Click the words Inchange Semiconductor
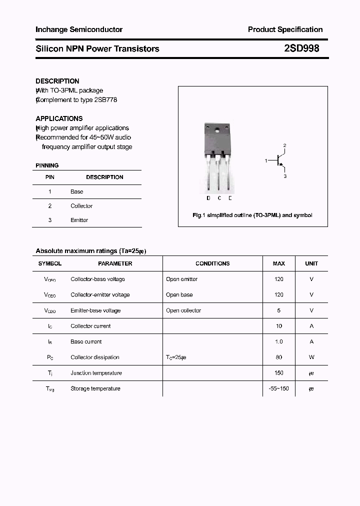click(79, 29)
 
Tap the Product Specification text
click(285, 29)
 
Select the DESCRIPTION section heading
click(57, 81)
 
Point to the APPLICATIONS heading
click(59, 118)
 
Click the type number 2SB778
click(105, 99)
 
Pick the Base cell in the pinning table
click(77, 191)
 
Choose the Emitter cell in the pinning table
click(79, 220)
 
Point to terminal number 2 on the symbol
click(284, 145)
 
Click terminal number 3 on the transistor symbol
click(285, 176)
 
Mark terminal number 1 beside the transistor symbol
click(266, 160)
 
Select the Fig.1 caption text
click(252, 215)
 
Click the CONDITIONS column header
click(212, 263)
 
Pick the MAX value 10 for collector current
click(278, 326)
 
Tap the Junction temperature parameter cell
click(95, 373)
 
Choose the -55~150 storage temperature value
click(278, 388)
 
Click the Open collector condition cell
click(183, 310)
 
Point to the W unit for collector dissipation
click(311, 357)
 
